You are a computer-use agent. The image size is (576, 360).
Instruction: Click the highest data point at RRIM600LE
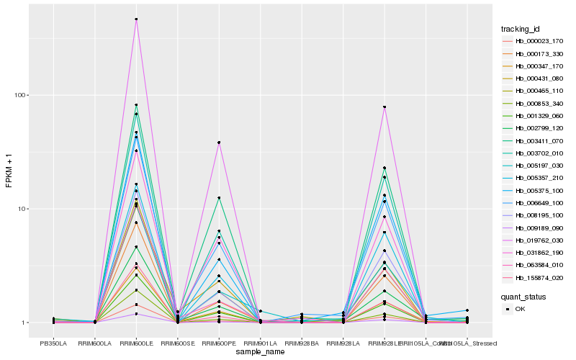[x=136, y=19]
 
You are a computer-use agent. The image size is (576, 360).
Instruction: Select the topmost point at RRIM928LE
[x=384, y=107]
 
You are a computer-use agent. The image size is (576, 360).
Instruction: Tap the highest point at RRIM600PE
[x=219, y=143]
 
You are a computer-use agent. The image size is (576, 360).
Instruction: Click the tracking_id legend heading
[x=520, y=29]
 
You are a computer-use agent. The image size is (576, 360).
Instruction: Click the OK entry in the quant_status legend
[x=521, y=309]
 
